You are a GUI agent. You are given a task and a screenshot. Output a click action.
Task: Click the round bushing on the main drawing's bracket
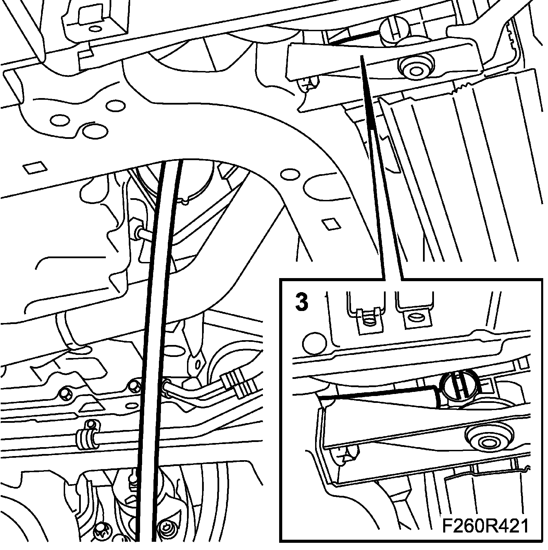pyautogui.click(x=415, y=69)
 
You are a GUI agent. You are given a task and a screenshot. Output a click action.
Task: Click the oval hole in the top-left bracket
pyautogui.click(x=95, y=28)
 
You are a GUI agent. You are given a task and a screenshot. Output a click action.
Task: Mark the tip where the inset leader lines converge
pyautogui.click(x=361, y=57)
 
